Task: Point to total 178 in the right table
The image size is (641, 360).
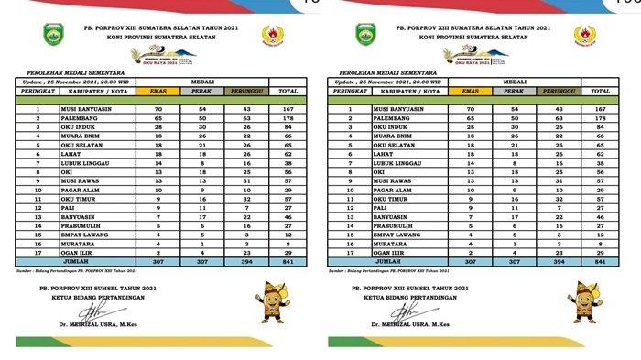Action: [601, 118]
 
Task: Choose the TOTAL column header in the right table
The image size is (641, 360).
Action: [601, 92]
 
